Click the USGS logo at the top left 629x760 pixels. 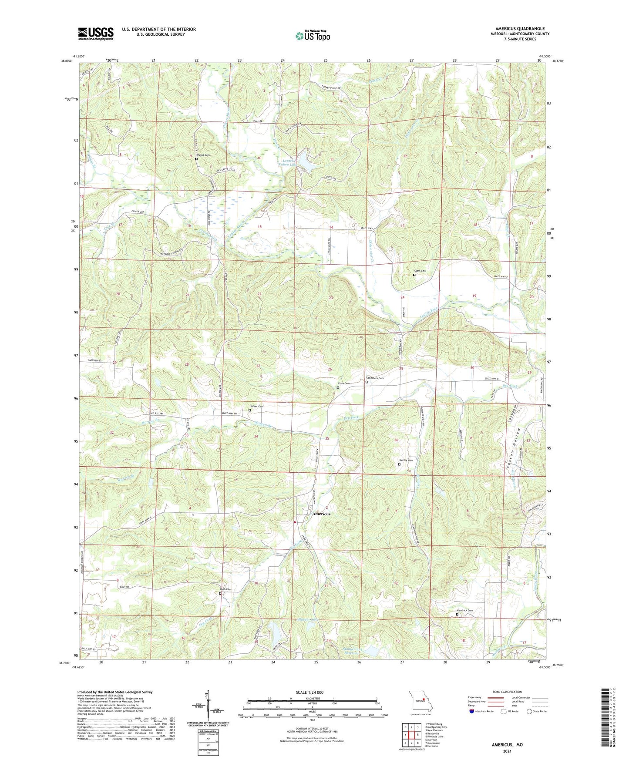pos(95,34)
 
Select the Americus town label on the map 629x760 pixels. pos(321,514)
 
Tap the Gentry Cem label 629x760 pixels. pos(406,460)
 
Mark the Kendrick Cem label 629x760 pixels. pos(464,610)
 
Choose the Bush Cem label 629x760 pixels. pos(225,589)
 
